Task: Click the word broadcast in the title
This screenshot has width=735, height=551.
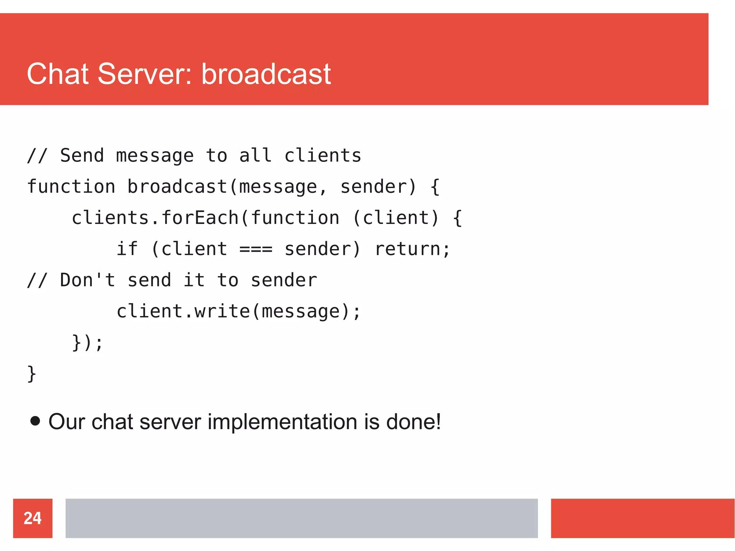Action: click(x=266, y=74)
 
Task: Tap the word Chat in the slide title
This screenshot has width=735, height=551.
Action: click(x=57, y=74)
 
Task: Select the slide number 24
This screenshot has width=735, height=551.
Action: click(x=33, y=518)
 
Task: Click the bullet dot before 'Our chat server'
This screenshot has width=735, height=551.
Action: click(x=35, y=421)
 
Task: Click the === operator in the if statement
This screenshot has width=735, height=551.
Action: click(x=256, y=249)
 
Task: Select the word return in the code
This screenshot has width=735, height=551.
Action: click(x=407, y=249)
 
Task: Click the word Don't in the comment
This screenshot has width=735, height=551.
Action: click(x=87, y=280)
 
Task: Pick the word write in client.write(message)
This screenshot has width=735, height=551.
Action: click(x=222, y=311)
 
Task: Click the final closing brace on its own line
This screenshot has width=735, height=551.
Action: click(x=32, y=374)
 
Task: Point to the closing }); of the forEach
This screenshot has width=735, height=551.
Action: click(x=87, y=342)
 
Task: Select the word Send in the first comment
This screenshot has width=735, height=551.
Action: click(x=82, y=156)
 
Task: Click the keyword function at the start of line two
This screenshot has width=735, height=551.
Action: click(x=71, y=187)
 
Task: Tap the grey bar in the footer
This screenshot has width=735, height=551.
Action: click(x=301, y=518)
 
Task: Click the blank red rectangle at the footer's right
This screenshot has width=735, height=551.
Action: click(x=642, y=518)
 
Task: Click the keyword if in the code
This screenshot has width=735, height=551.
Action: click(x=127, y=249)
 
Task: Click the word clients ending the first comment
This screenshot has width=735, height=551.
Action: click(x=323, y=156)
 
